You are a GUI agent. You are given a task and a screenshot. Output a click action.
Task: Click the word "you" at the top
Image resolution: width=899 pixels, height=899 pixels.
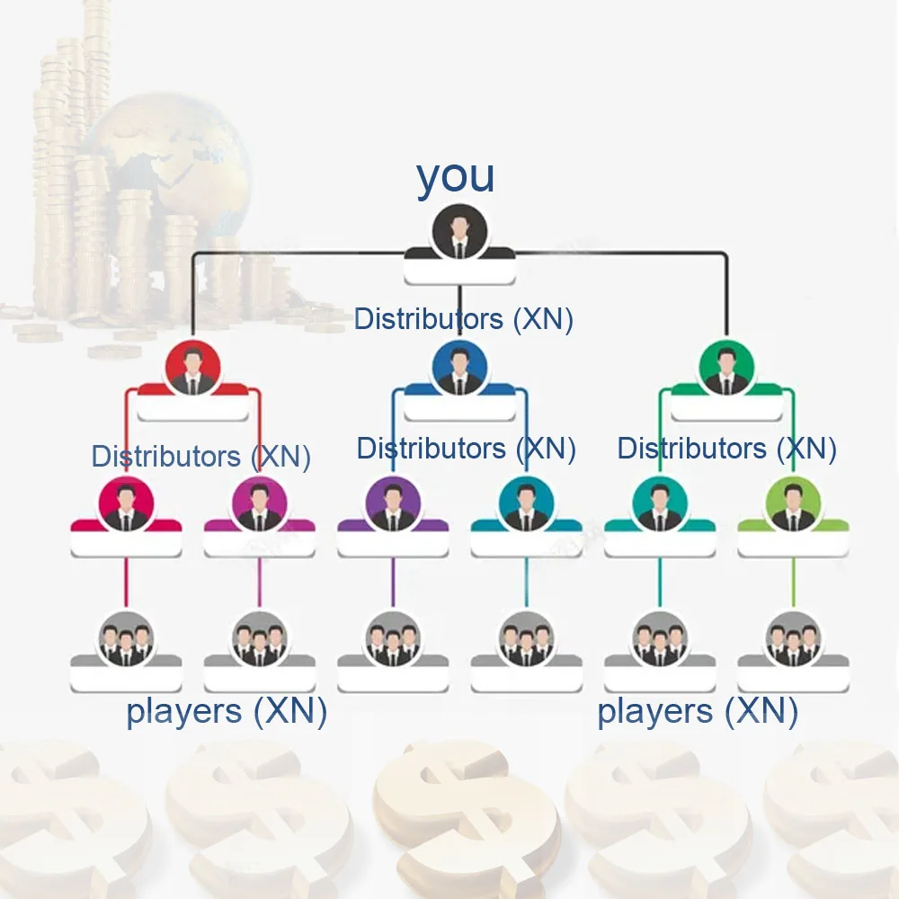(455, 177)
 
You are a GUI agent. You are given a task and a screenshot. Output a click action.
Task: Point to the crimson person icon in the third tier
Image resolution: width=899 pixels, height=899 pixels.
(126, 505)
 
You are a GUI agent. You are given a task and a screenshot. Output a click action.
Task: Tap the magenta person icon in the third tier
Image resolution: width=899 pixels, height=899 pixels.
(259, 505)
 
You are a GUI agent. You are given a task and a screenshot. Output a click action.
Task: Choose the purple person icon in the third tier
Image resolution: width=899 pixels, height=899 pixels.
(393, 505)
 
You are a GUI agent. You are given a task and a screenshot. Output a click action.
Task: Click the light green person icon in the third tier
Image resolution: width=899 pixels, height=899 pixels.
(793, 505)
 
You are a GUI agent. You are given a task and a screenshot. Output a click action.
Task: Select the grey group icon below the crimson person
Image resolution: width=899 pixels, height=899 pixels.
(126, 639)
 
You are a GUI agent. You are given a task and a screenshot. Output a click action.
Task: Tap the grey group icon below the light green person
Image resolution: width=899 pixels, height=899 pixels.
(793, 639)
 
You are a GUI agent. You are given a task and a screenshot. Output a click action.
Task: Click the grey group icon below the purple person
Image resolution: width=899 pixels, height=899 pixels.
(393, 639)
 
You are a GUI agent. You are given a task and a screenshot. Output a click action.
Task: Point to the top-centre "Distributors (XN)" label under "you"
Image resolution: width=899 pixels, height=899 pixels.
(463, 319)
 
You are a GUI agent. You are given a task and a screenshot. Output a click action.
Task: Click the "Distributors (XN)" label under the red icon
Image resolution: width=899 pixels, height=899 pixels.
(200, 457)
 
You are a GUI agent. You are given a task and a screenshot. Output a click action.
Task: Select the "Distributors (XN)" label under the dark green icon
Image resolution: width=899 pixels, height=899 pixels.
(726, 448)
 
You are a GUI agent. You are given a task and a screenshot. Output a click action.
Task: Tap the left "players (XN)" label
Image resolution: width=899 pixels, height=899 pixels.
(226, 712)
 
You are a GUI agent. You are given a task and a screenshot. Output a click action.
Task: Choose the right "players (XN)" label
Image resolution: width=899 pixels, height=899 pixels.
(698, 712)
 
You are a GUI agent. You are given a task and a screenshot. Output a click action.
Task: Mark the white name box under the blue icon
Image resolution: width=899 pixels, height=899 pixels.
(459, 409)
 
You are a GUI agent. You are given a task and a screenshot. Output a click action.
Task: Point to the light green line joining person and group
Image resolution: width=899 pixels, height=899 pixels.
(793, 582)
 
